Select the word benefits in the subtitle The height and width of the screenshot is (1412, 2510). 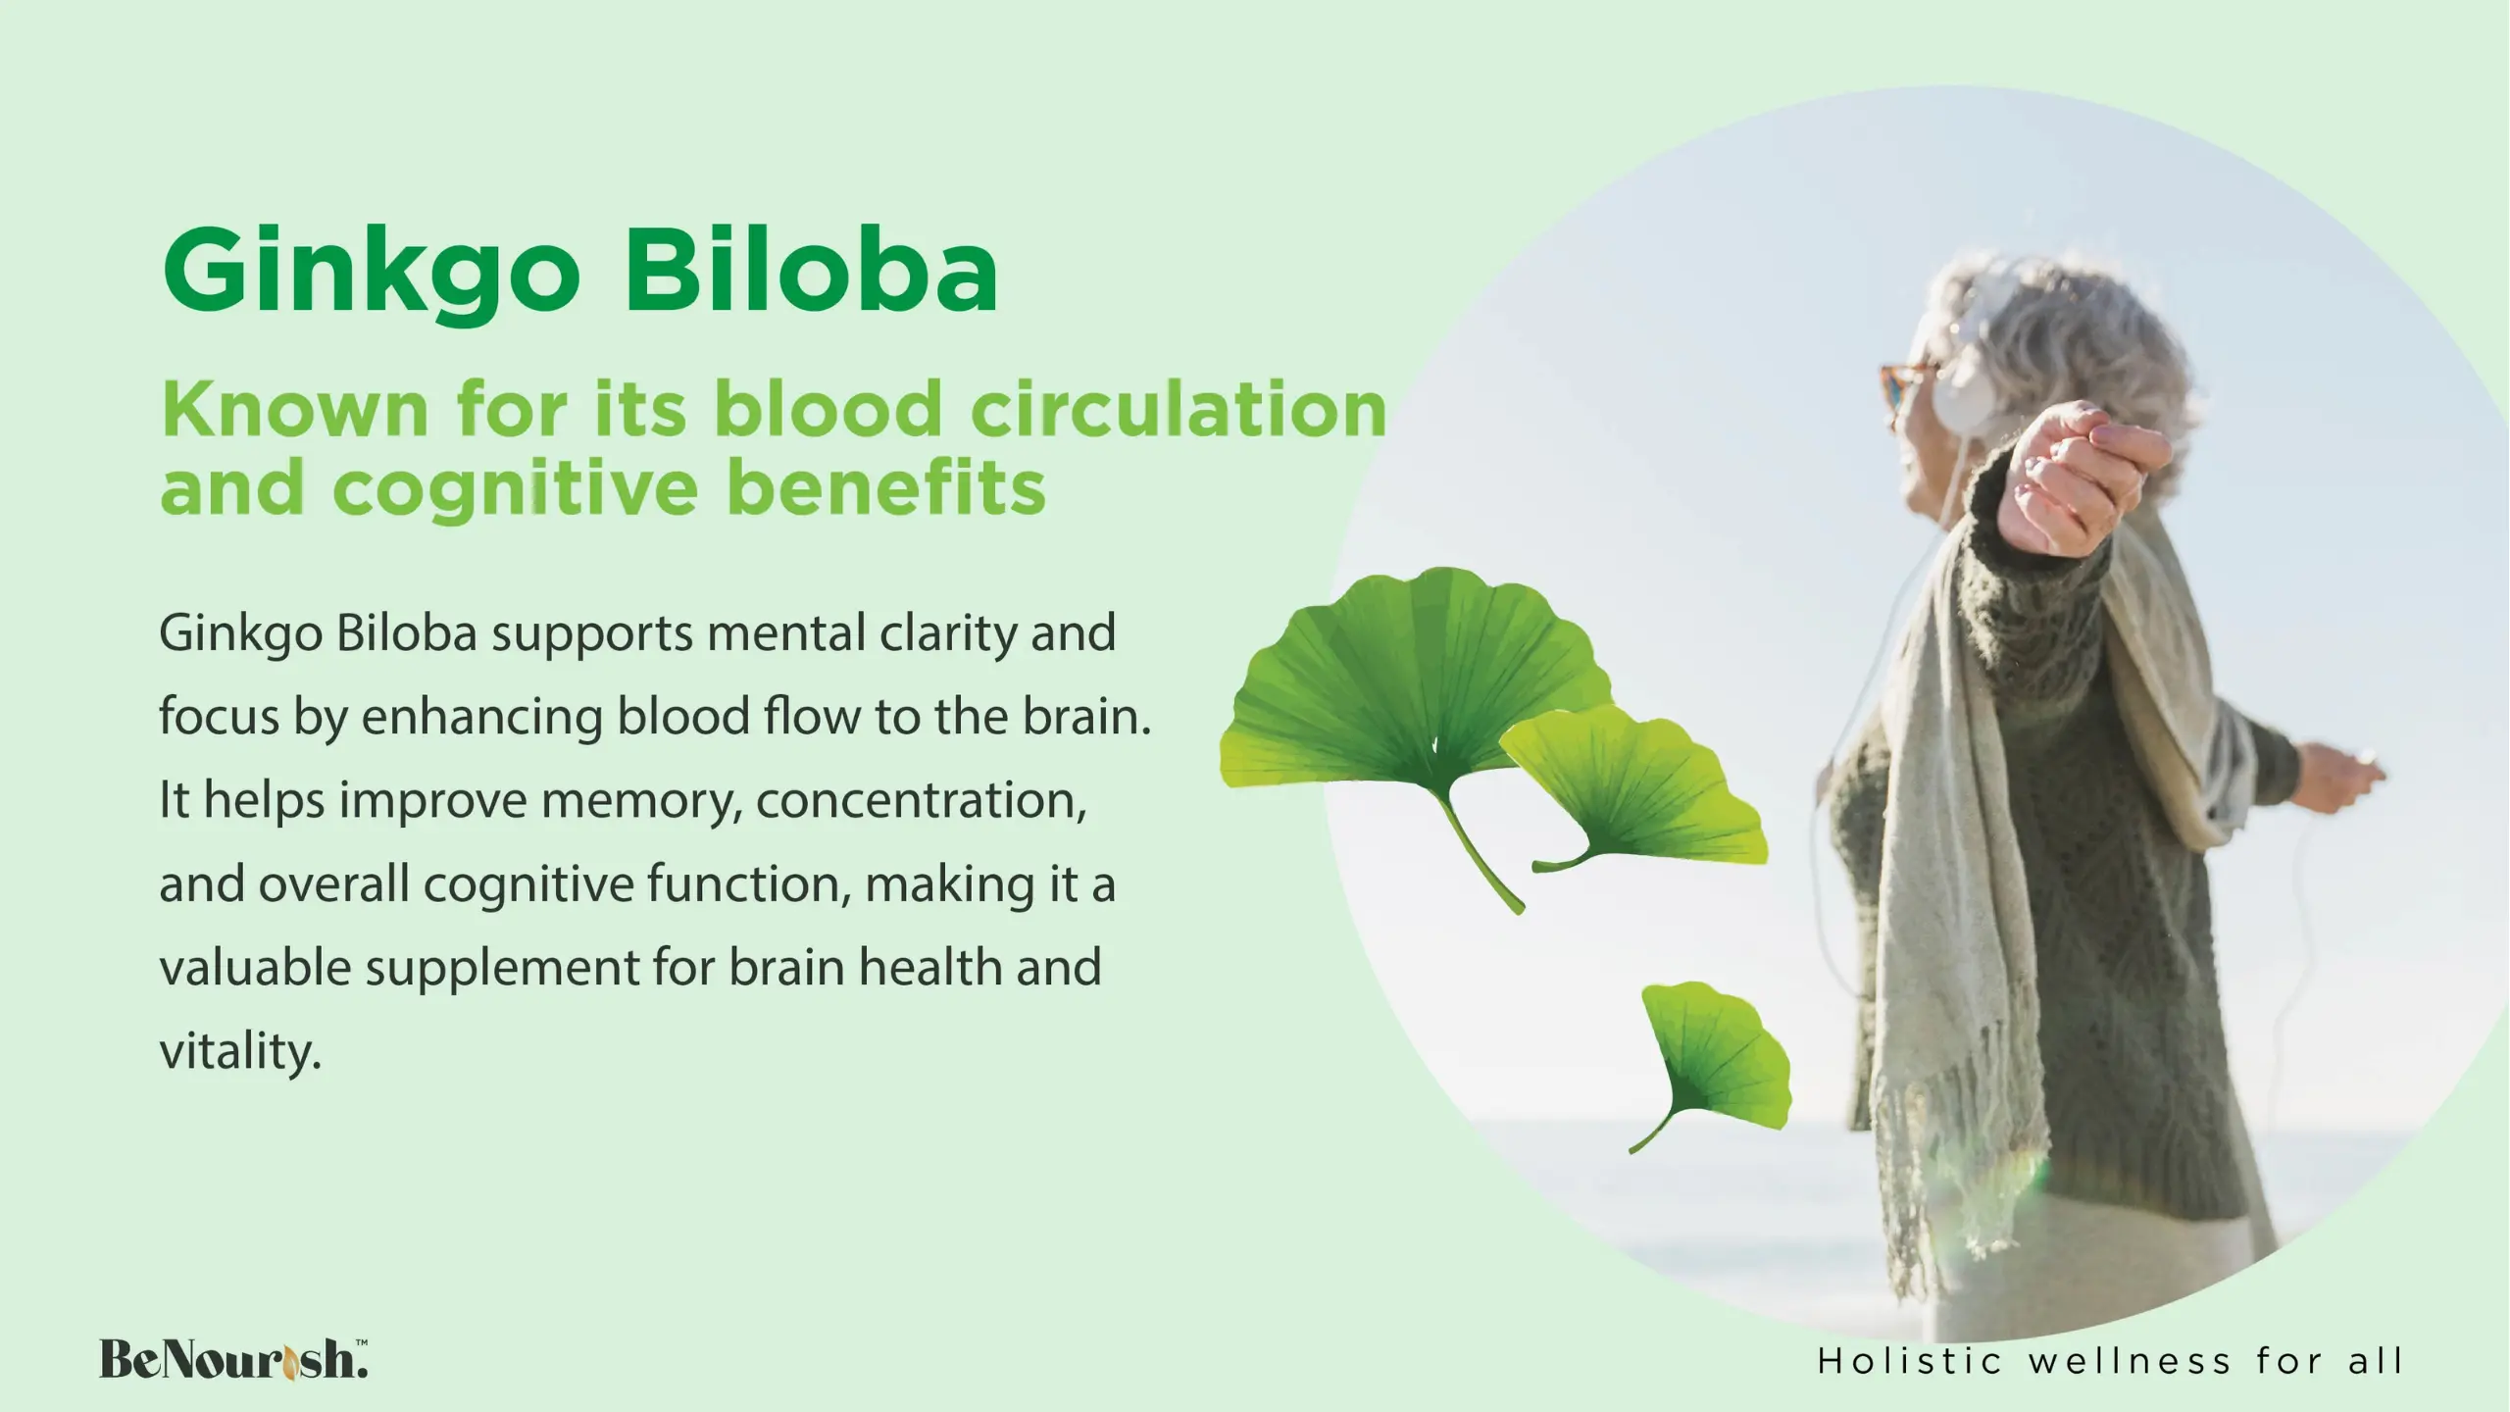click(886, 486)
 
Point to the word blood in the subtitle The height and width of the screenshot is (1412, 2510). click(828, 409)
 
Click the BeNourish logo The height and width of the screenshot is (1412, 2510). click(233, 1359)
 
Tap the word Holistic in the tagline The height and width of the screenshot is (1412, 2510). click(1909, 1361)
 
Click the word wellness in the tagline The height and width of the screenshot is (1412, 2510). click(2130, 1361)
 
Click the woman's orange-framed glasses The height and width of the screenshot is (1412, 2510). click(1902, 387)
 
